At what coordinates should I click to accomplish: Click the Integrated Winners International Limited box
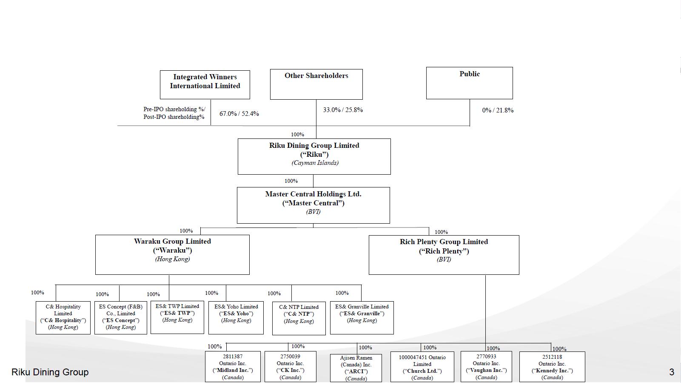(205, 84)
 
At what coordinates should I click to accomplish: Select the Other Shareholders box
(316, 84)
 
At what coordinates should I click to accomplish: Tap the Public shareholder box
(469, 83)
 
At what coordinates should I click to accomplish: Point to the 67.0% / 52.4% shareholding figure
(239, 114)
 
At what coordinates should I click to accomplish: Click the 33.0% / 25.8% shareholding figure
(343, 110)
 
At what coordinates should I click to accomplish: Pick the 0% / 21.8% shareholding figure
(498, 110)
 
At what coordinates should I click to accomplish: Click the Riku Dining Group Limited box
(314, 156)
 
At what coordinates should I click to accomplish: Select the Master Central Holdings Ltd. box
(313, 205)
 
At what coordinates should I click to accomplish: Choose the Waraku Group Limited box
(172, 254)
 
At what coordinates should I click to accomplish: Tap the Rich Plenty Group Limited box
(444, 254)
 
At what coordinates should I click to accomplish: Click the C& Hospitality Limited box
(63, 317)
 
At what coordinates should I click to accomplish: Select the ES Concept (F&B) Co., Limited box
(121, 317)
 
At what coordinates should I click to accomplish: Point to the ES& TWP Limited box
(177, 317)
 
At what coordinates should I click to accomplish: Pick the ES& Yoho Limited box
(236, 317)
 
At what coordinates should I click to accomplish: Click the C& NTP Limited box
(299, 318)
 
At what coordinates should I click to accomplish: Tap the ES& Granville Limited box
(362, 317)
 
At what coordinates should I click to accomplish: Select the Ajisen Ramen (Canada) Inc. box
(356, 368)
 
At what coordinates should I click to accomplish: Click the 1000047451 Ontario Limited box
(422, 367)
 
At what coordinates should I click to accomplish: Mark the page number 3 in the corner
(672, 372)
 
